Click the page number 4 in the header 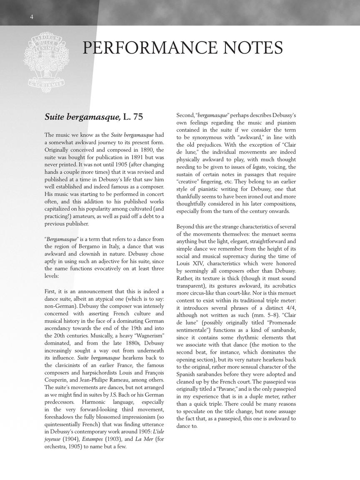[32, 17]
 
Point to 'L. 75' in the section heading [133, 117]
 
